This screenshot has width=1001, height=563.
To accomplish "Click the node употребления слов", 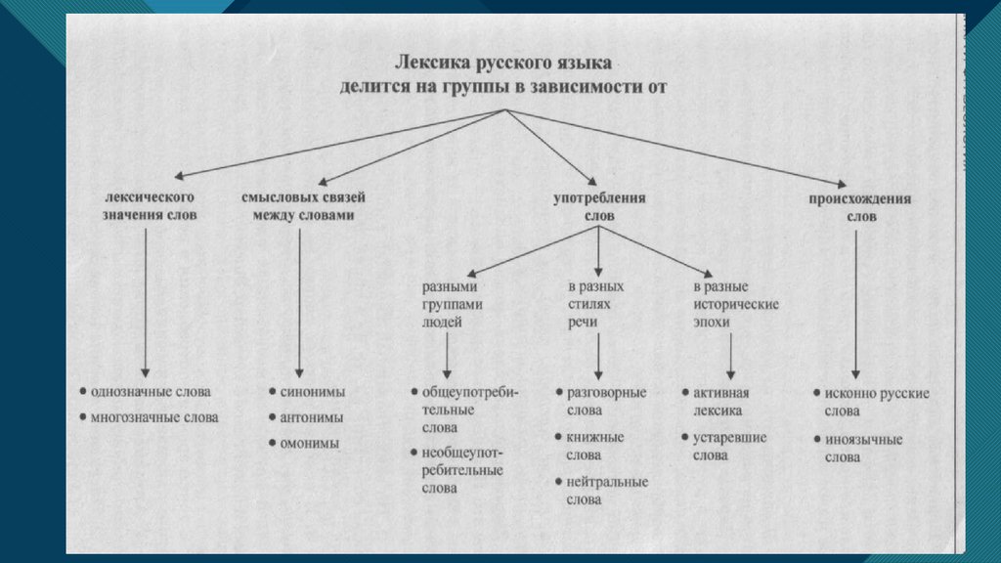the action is [x=600, y=206].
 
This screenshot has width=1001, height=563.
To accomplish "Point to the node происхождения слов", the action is [x=859, y=206].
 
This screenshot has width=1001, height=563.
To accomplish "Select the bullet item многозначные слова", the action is [x=153, y=417].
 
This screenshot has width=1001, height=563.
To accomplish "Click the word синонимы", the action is [x=313, y=392].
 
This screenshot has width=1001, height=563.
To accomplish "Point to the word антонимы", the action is [x=312, y=417].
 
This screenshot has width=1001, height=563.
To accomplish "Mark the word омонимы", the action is [x=310, y=443].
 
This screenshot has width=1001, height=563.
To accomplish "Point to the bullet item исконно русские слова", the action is [x=870, y=402].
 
